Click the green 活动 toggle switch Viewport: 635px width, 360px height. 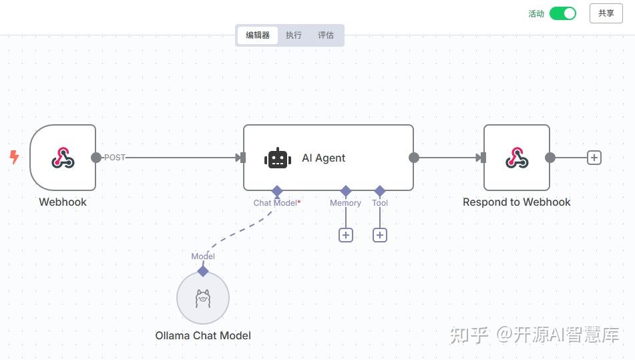pyautogui.click(x=562, y=13)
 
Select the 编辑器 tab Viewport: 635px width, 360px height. pyautogui.click(x=258, y=35)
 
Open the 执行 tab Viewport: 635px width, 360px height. pyautogui.click(x=294, y=35)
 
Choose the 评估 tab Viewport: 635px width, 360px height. pyautogui.click(x=326, y=35)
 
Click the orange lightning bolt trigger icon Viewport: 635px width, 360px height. pyautogui.click(x=14, y=157)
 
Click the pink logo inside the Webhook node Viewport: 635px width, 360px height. pyautogui.click(x=63, y=158)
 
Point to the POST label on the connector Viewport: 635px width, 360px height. pyautogui.click(x=115, y=158)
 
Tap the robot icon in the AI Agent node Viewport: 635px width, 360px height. pyautogui.click(x=277, y=158)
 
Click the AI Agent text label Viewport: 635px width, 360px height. pyautogui.click(x=324, y=158)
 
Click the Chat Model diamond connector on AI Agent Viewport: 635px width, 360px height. pyautogui.click(x=277, y=191)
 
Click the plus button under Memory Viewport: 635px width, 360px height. pyautogui.click(x=346, y=235)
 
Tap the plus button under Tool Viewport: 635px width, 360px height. pyautogui.click(x=380, y=235)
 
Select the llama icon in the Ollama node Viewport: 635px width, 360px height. pyautogui.click(x=203, y=299)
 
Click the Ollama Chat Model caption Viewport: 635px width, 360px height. pyautogui.click(x=203, y=336)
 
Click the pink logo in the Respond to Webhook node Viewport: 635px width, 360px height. pyautogui.click(x=517, y=158)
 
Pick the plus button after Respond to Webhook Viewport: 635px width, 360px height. pyautogui.click(x=594, y=158)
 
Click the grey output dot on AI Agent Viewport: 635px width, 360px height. pyautogui.click(x=414, y=158)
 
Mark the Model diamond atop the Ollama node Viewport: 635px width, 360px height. pyautogui.click(x=203, y=271)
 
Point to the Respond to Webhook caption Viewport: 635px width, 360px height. pyautogui.click(x=517, y=202)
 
